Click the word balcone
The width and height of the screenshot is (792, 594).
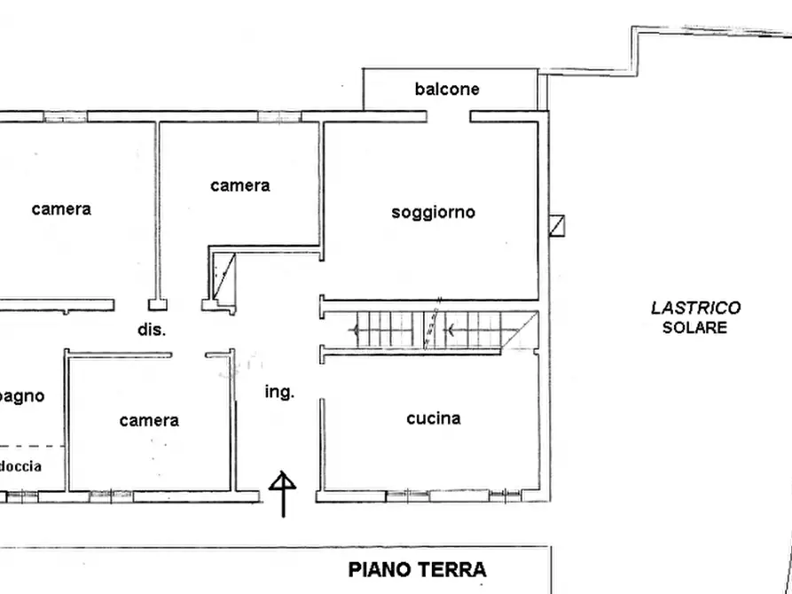coord(447,89)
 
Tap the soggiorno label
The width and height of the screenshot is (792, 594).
coord(433,212)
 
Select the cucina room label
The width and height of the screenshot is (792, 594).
coord(433,418)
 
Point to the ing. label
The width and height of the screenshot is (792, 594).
coord(279,391)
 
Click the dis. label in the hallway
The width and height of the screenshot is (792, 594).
coord(152,329)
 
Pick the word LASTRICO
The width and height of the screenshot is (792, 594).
coord(695,309)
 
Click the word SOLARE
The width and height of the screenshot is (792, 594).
coord(694,327)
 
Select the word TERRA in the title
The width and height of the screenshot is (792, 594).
coord(453,569)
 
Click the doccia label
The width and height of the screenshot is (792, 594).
coord(20,466)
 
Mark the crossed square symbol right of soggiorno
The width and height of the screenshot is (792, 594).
coord(556,226)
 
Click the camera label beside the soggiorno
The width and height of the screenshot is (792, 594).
coord(239,185)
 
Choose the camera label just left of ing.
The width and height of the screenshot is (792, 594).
coord(149,420)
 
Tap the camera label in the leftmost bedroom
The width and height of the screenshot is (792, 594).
coord(60,209)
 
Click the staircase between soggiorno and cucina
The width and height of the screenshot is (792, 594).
coord(430,331)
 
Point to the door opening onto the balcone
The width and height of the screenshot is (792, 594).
coord(449,116)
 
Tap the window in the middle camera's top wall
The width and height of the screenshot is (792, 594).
coord(278,116)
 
